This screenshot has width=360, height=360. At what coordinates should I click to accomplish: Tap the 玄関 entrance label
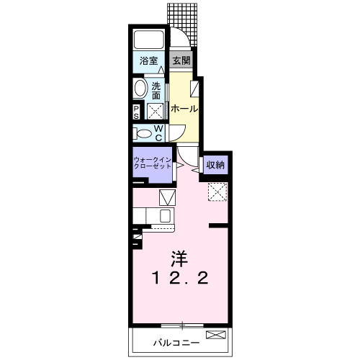[x=181, y=61]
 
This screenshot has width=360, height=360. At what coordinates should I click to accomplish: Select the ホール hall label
[x=184, y=109]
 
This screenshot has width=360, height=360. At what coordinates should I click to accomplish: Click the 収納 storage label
[x=215, y=165]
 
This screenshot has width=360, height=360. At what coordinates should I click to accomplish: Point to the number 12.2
[x=180, y=278]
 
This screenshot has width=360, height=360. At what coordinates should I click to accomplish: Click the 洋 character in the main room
[x=180, y=256]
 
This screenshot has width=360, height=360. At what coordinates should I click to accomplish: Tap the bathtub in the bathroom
[x=150, y=41]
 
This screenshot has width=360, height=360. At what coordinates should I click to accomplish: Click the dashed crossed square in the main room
[x=217, y=191]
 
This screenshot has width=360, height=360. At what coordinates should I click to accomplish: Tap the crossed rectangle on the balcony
[x=215, y=335]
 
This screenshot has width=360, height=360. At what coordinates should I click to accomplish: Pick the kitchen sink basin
[x=165, y=215]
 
